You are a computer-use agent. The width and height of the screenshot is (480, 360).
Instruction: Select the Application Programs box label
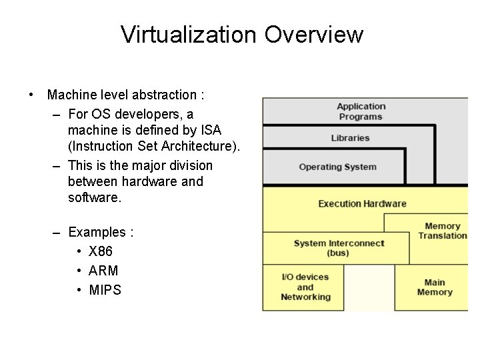click(x=361, y=111)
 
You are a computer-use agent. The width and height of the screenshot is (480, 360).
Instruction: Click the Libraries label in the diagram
click(x=351, y=139)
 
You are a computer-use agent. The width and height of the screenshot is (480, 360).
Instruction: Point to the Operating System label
click(x=337, y=167)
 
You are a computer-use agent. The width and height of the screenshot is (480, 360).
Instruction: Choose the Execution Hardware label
click(x=362, y=203)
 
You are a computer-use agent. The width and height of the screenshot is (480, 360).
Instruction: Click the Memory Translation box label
click(x=442, y=231)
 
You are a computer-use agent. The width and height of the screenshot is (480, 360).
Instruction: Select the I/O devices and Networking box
click(x=305, y=287)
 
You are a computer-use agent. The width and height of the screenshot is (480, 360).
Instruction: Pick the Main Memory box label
click(x=435, y=287)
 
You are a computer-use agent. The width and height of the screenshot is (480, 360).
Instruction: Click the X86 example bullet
click(x=100, y=252)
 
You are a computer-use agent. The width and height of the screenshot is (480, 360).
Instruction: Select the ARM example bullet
click(x=103, y=271)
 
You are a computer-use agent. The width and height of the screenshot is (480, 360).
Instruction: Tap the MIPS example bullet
click(x=105, y=290)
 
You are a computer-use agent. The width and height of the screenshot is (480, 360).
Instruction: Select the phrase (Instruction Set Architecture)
click(x=153, y=145)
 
